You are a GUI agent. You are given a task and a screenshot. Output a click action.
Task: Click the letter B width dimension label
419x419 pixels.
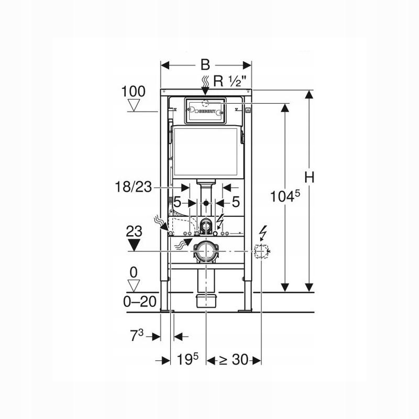point(205,65)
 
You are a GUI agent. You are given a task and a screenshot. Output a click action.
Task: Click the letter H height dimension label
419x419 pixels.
point(310,177)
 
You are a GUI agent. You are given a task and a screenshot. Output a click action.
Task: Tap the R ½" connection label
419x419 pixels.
point(229,81)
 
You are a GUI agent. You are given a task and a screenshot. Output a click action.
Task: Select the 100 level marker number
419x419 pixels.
point(134,91)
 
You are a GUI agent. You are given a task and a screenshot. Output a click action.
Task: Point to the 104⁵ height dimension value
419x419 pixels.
point(285,196)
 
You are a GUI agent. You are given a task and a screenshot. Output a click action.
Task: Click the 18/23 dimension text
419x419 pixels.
point(133,187)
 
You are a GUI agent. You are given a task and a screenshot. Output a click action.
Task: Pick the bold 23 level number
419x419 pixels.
point(134,231)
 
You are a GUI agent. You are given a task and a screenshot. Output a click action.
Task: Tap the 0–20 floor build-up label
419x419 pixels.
point(140,302)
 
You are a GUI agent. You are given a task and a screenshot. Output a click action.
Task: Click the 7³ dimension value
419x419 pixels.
point(137,336)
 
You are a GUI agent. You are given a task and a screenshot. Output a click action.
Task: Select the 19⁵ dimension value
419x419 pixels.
point(188,359)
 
